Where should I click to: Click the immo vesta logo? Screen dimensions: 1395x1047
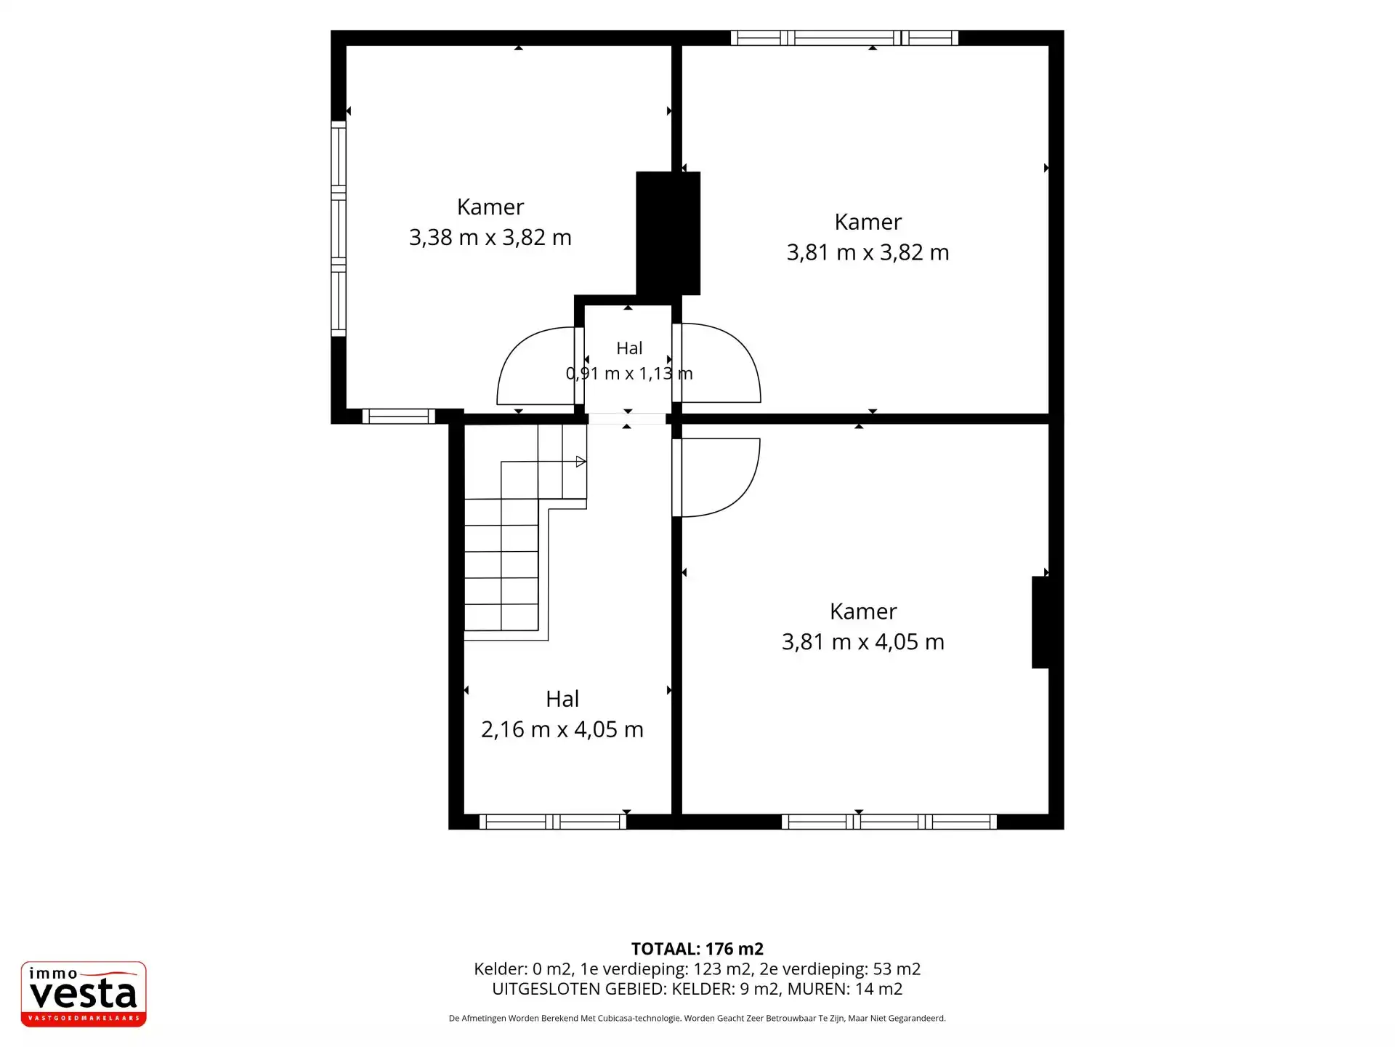point(84,994)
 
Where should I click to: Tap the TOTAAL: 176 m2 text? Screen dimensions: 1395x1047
point(697,949)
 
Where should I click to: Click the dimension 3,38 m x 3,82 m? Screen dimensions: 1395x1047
point(490,238)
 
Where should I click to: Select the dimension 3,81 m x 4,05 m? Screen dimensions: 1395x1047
point(863,642)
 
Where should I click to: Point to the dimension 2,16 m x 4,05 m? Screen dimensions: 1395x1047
point(562,729)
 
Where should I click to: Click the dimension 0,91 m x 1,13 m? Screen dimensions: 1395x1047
point(629,374)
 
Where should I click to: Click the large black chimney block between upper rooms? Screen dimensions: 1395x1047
point(668,233)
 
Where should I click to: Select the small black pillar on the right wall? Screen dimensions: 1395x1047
point(1040,622)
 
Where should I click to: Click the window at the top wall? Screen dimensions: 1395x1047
point(844,38)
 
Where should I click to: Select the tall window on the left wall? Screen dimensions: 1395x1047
point(339,229)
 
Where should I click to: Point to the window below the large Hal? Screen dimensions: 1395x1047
point(553,822)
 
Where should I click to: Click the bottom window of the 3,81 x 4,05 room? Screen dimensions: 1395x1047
point(889,822)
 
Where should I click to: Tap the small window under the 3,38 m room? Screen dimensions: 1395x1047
point(399,417)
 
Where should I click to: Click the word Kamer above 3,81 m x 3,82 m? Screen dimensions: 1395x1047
point(868,222)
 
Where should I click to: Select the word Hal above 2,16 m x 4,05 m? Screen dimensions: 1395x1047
point(562,699)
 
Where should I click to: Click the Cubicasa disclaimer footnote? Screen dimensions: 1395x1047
point(697,1019)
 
